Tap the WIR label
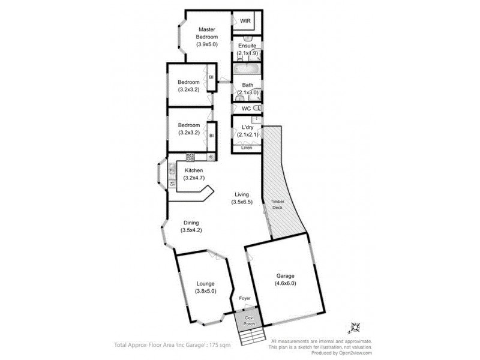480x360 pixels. tap(245, 21)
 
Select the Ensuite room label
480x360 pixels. tap(247, 46)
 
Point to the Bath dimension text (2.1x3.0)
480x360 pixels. tap(247, 92)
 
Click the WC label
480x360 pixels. tap(245, 109)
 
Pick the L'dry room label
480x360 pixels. tap(247, 128)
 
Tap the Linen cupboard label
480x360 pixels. tap(247, 148)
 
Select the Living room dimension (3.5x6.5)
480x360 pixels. tap(242, 202)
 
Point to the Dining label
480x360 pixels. tap(191, 223)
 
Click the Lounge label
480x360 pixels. tap(205, 284)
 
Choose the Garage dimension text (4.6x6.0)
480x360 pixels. tap(285, 283)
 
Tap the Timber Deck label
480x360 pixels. tap(277, 204)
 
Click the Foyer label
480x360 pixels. tap(244, 298)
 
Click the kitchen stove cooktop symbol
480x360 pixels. tap(190, 158)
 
